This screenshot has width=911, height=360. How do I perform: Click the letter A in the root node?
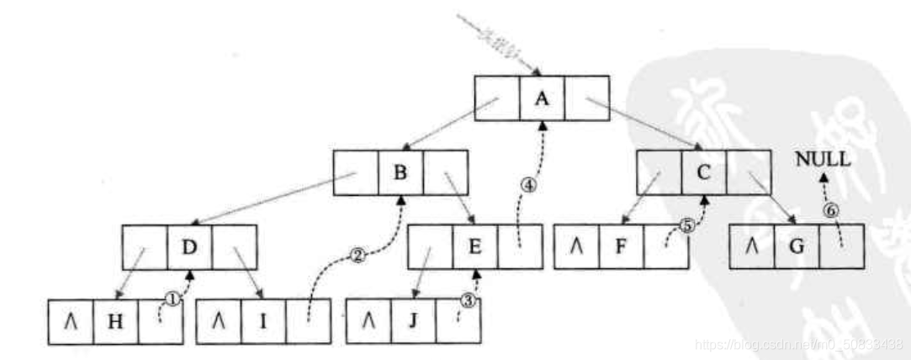pyautogui.click(x=542, y=98)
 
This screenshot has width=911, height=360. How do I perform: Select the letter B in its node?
pyautogui.click(x=400, y=173)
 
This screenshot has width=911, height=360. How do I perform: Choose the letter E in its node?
pyautogui.click(x=474, y=247)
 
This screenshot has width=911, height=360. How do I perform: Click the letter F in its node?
pyautogui.click(x=622, y=247)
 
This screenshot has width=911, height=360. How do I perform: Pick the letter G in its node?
pyautogui.click(x=795, y=247)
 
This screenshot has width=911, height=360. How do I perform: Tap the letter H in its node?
pyautogui.click(x=115, y=321)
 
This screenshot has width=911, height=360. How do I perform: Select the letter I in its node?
pyautogui.click(x=262, y=321)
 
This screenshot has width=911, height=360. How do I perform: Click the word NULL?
pyautogui.click(x=824, y=158)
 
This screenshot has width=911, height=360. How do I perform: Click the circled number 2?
pyautogui.click(x=357, y=257)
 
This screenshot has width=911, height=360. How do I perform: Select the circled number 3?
pyautogui.click(x=469, y=299)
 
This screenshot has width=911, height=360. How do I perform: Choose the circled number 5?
pyautogui.click(x=686, y=225)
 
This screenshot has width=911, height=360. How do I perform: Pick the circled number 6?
pyautogui.click(x=830, y=211)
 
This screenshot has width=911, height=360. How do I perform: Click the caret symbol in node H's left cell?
pyautogui.click(x=71, y=321)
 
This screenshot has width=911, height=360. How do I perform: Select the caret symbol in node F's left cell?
pyautogui.click(x=577, y=247)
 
